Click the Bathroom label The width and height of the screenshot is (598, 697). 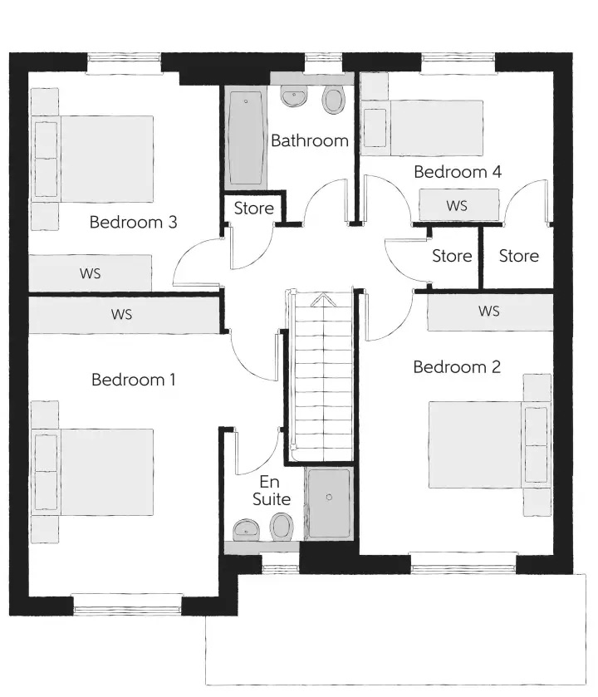310,140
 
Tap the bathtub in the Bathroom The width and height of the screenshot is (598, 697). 246,137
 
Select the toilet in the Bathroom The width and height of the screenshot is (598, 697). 334,99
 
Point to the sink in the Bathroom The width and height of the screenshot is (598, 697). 294,96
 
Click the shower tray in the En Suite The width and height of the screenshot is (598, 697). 329,503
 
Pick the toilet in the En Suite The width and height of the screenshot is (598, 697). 282,527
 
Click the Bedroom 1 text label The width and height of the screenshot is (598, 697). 133,380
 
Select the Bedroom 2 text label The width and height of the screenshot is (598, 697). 457,366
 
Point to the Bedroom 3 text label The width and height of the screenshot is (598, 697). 133,222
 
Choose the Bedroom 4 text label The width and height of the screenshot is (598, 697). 458,172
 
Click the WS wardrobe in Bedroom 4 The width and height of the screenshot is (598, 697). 459,205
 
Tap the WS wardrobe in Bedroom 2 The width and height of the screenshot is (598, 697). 490,312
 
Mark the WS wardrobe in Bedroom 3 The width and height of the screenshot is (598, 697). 91,273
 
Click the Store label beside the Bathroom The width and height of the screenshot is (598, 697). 253,208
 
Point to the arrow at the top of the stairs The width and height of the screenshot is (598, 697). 323,300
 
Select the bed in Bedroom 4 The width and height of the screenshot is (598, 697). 423,128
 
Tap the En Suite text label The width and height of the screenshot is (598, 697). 272,490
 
